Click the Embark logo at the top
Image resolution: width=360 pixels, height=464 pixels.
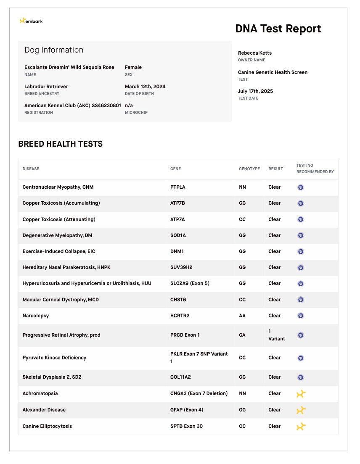31,21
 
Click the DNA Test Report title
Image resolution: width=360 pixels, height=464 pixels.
278,29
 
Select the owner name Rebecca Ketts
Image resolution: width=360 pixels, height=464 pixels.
255,53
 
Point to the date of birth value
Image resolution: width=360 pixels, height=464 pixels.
145,87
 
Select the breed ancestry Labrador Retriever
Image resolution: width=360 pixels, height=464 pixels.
46,87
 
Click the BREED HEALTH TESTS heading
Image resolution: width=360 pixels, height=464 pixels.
60,144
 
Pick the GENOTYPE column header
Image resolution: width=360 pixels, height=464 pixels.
249,169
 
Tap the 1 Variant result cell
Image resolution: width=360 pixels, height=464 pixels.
276,335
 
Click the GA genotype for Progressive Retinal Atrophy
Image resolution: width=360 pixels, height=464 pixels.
242,335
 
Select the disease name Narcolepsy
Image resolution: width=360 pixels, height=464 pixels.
36,316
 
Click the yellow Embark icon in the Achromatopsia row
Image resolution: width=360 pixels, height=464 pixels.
301,394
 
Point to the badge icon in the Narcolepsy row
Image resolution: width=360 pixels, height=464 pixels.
301,316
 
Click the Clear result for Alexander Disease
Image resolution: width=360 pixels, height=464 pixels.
274,410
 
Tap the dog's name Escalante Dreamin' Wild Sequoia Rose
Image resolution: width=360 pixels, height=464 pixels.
69,67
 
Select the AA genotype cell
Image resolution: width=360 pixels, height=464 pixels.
242,316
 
